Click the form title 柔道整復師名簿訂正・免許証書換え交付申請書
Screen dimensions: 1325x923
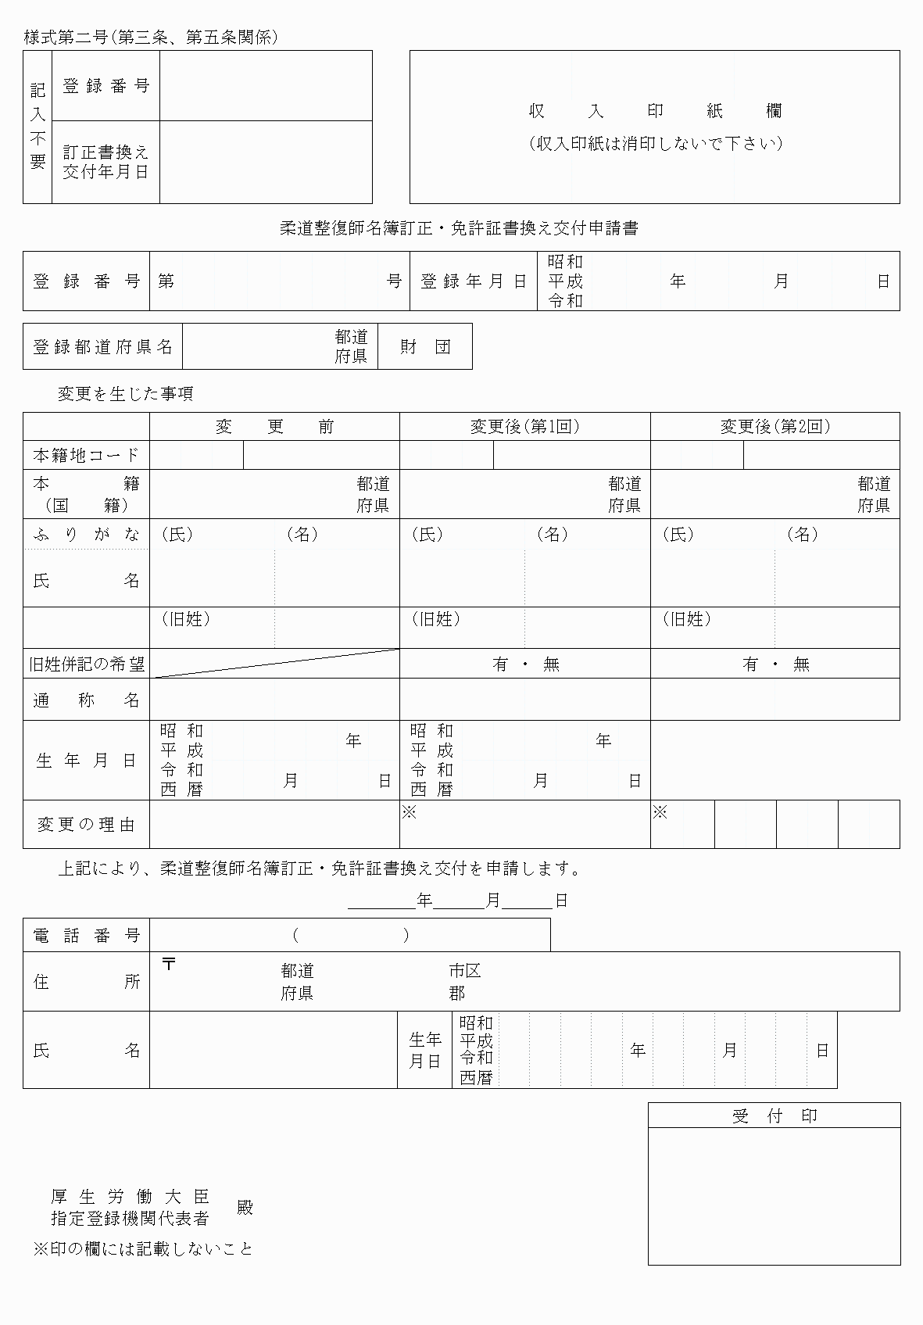click(x=459, y=228)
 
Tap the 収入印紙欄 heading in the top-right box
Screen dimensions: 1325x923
click(x=655, y=111)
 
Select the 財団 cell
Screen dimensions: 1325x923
click(x=425, y=347)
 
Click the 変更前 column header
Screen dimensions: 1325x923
click(x=274, y=427)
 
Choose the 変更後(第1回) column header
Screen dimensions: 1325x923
click(x=524, y=427)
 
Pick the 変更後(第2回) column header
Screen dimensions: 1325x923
click(x=775, y=427)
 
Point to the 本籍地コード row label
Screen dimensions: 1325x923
click(x=86, y=455)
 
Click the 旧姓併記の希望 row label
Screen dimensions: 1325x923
click(x=86, y=664)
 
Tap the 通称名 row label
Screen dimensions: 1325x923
click(x=86, y=700)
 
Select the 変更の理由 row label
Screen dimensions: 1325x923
click(x=86, y=825)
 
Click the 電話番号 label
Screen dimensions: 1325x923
click(x=86, y=936)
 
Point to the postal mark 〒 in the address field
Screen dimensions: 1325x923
click(x=169, y=964)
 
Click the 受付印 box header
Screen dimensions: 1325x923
click(x=774, y=1116)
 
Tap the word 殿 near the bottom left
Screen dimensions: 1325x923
click(x=245, y=1207)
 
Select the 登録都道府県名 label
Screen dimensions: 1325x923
click(x=102, y=347)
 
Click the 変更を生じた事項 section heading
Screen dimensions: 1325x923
click(x=125, y=394)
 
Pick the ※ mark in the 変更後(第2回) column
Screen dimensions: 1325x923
click(x=660, y=813)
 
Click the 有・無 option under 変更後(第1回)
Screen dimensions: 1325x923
click(x=525, y=664)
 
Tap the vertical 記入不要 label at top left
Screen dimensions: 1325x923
click(x=38, y=127)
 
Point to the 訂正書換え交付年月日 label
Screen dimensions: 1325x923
click(x=106, y=162)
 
